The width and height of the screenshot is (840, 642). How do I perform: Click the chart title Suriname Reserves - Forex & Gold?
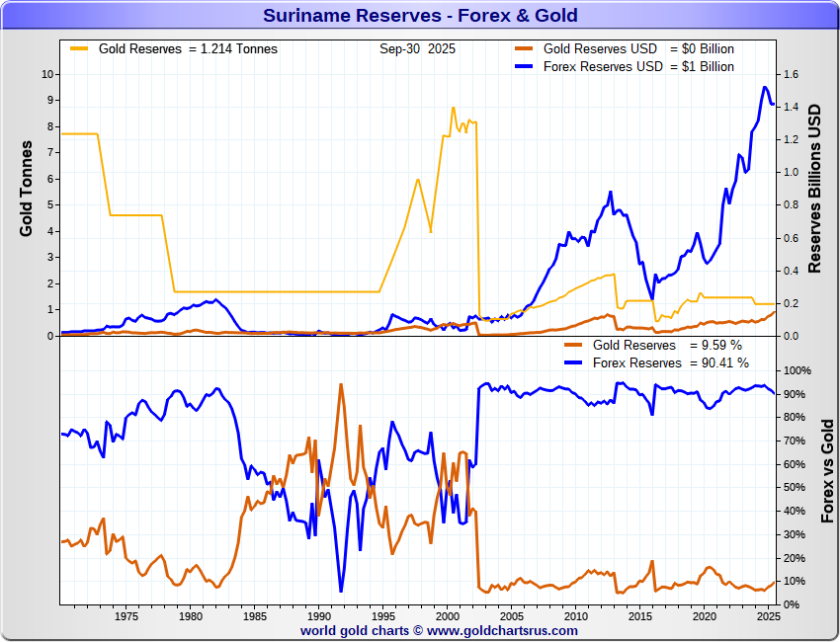[420, 16]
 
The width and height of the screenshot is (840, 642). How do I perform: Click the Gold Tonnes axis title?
[27, 188]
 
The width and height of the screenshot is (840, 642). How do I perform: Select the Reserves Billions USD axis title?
[815, 188]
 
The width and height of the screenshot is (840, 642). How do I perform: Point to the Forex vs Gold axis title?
[828, 470]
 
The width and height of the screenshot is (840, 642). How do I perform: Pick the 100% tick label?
[797, 370]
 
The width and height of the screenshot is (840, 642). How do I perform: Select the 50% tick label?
[794, 488]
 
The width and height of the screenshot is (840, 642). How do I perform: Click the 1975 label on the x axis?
[126, 616]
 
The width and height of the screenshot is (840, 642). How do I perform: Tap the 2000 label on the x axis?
[447, 616]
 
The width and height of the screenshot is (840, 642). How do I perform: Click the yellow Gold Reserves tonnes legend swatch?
[79, 48]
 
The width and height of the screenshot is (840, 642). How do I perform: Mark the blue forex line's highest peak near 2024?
[764, 87]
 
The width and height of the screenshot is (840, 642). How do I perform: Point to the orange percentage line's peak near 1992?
[341, 384]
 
